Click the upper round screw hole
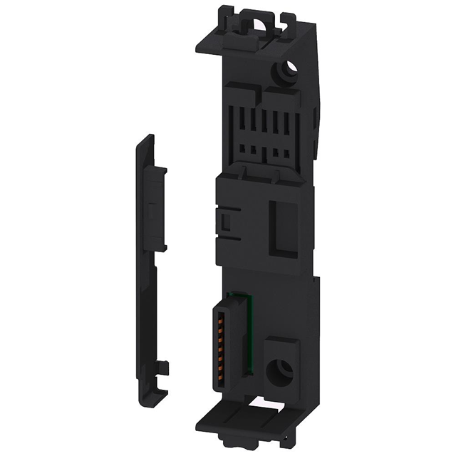coord(287,71)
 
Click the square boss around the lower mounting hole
coord(282,367)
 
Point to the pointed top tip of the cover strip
coord(145,139)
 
